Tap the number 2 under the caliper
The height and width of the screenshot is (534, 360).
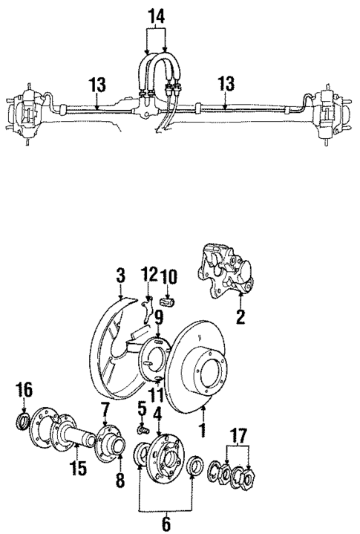click(x=240, y=318)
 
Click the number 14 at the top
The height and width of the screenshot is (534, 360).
click(x=154, y=15)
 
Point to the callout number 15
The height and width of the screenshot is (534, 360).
click(x=76, y=469)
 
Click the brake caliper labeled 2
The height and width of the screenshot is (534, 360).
click(x=227, y=274)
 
